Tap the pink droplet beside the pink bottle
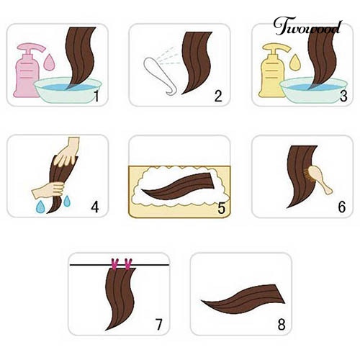tap(49, 62)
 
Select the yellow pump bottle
tap(272, 72)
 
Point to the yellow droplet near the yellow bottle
tap(294, 63)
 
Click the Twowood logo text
tap(308, 27)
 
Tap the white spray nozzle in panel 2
tap(161, 76)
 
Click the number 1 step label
tap(96, 96)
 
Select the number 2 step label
tap(218, 96)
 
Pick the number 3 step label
tap(343, 96)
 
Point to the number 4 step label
tap(95, 207)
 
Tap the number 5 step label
tap(221, 208)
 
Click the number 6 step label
tap(342, 207)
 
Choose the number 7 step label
tap(158, 325)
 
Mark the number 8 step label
tap(282, 325)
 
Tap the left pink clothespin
tap(115, 264)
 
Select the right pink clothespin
tap(128, 264)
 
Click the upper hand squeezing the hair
tap(66, 152)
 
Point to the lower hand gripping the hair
tap(49, 189)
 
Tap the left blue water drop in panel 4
tap(40, 207)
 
